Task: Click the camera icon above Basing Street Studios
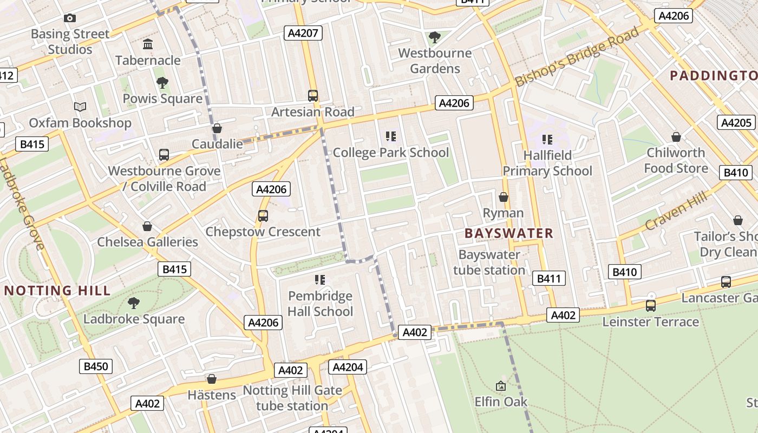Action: point(69,18)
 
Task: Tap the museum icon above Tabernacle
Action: point(148,44)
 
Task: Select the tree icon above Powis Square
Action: point(162,82)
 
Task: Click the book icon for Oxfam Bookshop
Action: point(80,107)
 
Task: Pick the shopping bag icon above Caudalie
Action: point(217,128)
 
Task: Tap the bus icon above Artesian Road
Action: point(313,96)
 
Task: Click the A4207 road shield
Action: point(303,33)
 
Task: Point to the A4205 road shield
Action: point(736,122)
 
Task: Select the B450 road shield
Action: point(96,366)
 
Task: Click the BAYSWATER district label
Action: point(509,233)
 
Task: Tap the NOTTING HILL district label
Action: point(57,291)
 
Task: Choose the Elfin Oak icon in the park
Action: point(501,386)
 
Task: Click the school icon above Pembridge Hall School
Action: point(320,280)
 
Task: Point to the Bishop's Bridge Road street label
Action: point(577,57)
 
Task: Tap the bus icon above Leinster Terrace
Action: point(651,306)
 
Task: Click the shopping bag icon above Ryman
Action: point(504,197)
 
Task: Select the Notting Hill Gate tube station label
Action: point(292,398)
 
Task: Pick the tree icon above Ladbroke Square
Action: point(134,303)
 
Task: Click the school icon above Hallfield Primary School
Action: point(547,140)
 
